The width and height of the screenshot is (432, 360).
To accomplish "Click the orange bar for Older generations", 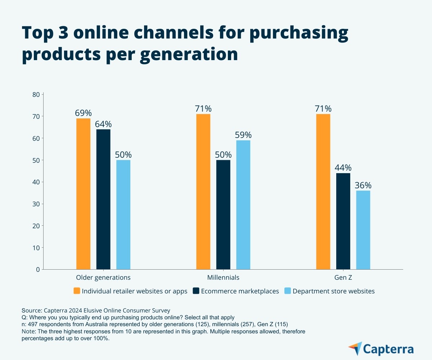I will point(83,194).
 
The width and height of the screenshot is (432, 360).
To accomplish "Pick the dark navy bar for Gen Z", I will point(343,221).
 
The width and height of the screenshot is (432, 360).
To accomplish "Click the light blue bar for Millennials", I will point(243,204).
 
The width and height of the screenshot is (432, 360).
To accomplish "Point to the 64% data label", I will point(103,124).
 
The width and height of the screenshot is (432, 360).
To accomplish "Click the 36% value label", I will point(363,185).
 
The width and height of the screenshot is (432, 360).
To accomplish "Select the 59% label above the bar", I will point(243,135).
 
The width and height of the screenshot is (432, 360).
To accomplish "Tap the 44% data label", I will point(343,168).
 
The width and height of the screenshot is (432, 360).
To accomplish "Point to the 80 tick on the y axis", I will point(36,95).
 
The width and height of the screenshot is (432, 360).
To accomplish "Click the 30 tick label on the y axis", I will point(36,204).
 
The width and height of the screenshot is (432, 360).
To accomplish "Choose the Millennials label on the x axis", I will point(223,278).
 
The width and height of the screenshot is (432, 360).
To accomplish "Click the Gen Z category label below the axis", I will point(343,278).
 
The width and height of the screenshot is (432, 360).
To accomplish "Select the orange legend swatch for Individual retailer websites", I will point(77,291).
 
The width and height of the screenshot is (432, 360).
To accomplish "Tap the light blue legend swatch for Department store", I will point(288,291).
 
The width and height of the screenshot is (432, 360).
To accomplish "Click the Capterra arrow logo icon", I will point(355,348).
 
